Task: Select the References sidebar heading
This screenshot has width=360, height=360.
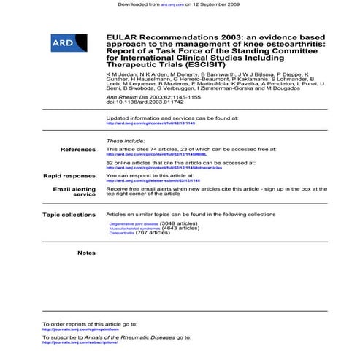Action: click(78, 148)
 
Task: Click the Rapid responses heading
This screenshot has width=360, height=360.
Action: click(69, 175)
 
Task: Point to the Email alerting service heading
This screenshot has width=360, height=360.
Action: click(74, 191)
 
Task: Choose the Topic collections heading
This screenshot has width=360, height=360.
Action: click(69, 215)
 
